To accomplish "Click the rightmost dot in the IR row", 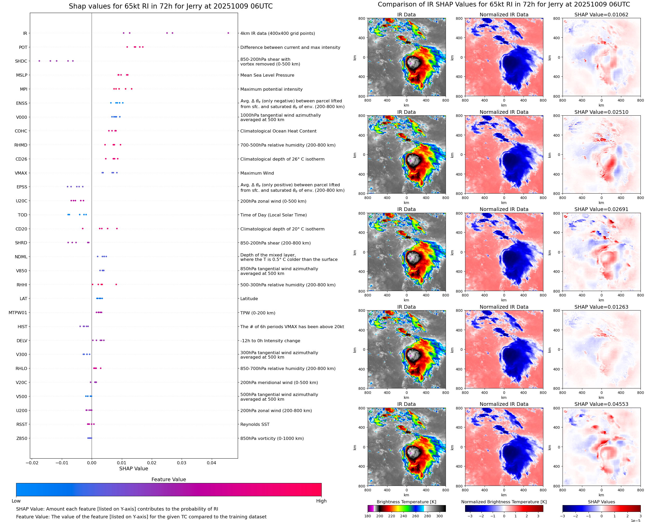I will click(x=228, y=33).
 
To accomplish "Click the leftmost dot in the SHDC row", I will click(x=39, y=61).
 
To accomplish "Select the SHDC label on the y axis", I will click(x=21, y=61).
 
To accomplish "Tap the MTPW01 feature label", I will click(x=18, y=313).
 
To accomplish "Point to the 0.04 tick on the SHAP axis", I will click(x=211, y=463).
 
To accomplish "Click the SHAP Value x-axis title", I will click(x=134, y=468).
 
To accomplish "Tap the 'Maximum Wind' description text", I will click(x=257, y=173).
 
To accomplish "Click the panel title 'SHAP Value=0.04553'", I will click(x=601, y=404).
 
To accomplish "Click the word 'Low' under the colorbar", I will click(x=16, y=501).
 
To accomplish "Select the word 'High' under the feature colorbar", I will click(x=321, y=501).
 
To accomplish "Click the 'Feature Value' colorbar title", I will click(x=169, y=480).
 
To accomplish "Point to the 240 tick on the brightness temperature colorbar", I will click(x=404, y=516).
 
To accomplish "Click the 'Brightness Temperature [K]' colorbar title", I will click(x=406, y=502).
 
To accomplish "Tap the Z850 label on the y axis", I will click(x=22, y=438).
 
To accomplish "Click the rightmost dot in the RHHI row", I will click(x=116, y=285).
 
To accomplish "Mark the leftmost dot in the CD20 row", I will click(x=83, y=229).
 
